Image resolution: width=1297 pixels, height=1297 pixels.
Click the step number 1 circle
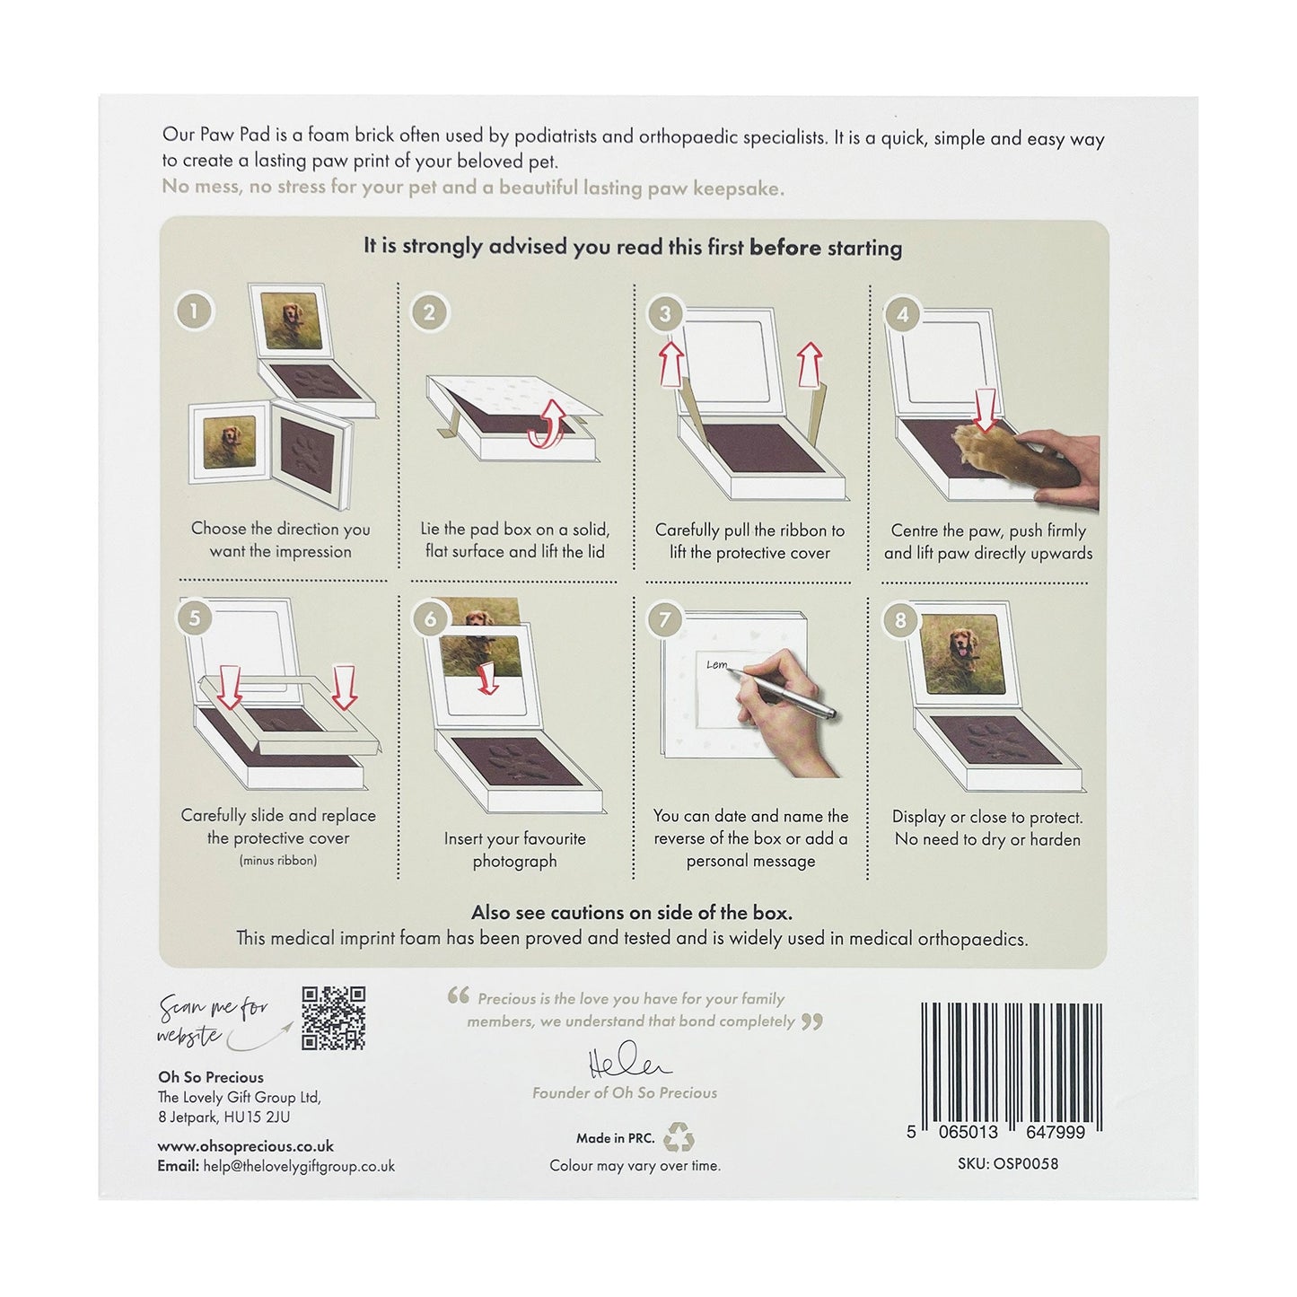click(195, 311)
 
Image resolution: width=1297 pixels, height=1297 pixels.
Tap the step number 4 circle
click(903, 314)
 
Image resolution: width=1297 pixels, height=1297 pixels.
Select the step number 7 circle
click(665, 619)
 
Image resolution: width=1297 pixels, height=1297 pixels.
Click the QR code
click(333, 1018)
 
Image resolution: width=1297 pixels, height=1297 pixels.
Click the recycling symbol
click(679, 1137)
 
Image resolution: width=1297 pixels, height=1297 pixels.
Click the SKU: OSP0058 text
click(1008, 1164)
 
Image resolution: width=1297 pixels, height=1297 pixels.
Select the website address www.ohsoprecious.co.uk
click(245, 1145)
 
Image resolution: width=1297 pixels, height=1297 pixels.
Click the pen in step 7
click(784, 693)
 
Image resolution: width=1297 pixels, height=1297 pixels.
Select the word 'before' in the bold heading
click(785, 248)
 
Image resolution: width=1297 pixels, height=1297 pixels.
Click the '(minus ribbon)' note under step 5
click(278, 860)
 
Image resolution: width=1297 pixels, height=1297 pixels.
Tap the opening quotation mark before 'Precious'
click(459, 995)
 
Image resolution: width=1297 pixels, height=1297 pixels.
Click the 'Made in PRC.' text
click(615, 1138)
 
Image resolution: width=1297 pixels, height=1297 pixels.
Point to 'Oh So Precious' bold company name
click(211, 1077)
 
